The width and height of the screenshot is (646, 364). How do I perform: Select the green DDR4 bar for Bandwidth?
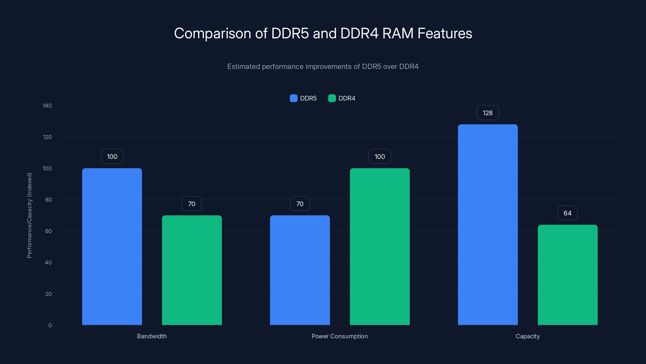pyautogui.click(x=192, y=270)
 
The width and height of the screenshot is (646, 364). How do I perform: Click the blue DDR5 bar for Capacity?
pyautogui.click(x=488, y=225)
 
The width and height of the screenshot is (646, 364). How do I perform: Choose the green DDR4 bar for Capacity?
pyautogui.click(x=567, y=275)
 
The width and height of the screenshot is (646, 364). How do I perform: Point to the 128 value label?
pyautogui.click(x=488, y=113)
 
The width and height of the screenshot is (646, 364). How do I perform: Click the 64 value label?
pyautogui.click(x=567, y=213)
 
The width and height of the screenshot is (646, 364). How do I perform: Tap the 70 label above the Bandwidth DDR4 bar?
pyautogui.click(x=192, y=204)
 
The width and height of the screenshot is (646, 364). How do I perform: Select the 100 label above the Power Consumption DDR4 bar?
pyautogui.click(x=380, y=157)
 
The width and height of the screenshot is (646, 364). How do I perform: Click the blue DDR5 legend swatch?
pyautogui.click(x=293, y=98)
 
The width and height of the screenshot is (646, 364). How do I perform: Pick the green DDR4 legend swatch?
pyautogui.click(x=332, y=98)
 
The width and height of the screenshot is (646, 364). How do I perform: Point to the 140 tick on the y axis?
pyautogui.click(x=47, y=106)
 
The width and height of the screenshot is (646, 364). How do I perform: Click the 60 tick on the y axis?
pyautogui.click(x=48, y=231)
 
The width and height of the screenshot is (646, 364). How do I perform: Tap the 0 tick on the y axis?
pyautogui.click(x=50, y=325)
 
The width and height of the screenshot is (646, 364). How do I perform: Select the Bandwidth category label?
pyautogui.click(x=152, y=336)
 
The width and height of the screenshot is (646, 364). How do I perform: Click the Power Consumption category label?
pyautogui.click(x=340, y=336)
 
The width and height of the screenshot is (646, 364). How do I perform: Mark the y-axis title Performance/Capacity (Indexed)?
pyautogui.click(x=30, y=215)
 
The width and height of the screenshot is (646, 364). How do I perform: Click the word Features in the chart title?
pyautogui.click(x=445, y=33)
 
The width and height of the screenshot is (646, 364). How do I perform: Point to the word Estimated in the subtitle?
pyautogui.click(x=243, y=67)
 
